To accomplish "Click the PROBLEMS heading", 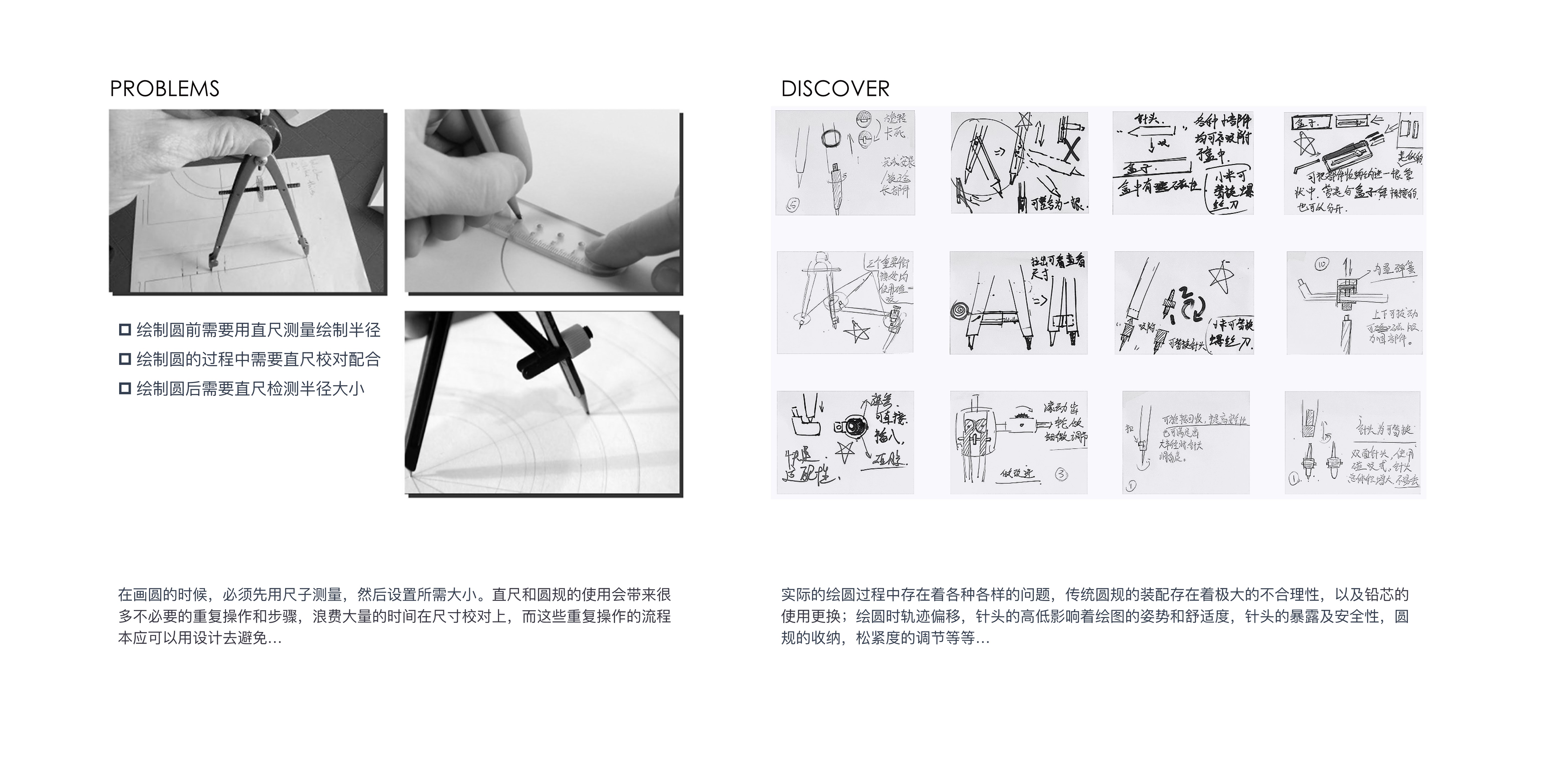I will (165, 89).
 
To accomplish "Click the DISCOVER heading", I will (835, 89).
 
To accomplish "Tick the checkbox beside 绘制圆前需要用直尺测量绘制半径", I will (125, 330).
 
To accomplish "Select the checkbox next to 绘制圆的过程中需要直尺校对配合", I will (125, 359).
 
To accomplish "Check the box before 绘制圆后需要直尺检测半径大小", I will (125, 388).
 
